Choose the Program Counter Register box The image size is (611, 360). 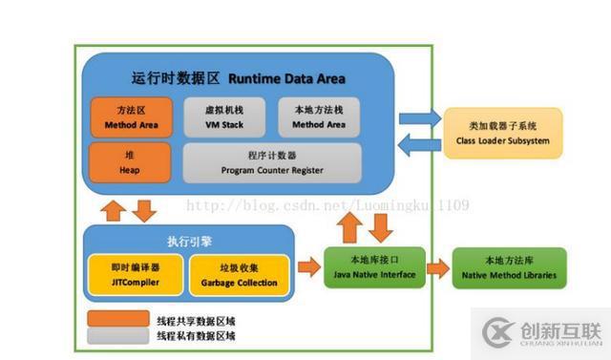click(x=271, y=162)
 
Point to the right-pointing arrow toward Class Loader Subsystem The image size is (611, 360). click(x=418, y=118)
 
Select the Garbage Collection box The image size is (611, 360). click(x=239, y=275)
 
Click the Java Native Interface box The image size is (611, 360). click(x=372, y=268)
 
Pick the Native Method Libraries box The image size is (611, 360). click(x=509, y=268)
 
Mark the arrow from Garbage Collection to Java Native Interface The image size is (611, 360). click(x=308, y=268)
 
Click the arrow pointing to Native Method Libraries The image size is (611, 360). click(x=437, y=268)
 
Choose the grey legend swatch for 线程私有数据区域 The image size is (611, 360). click(x=116, y=336)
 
